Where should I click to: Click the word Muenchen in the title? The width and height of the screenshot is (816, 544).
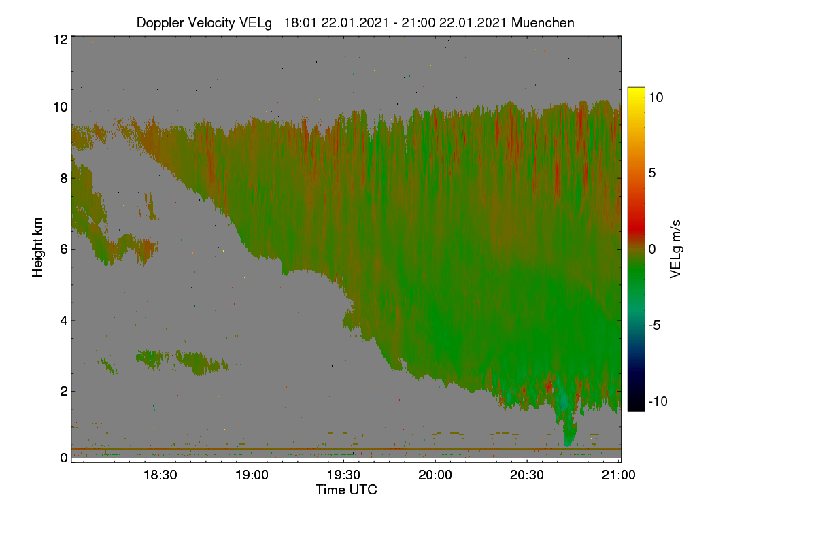pyautogui.click(x=543, y=23)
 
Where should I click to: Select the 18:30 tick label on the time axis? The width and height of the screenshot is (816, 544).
pyautogui.click(x=160, y=475)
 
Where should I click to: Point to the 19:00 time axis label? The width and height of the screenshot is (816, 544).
pyautogui.click(x=252, y=475)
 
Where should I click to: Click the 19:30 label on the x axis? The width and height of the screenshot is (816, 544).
pyautogui.click(x=343, y=475)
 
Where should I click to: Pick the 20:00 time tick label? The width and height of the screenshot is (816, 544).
pyautogui.click(x=435, y=475)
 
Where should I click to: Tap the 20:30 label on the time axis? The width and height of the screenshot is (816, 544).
pyautogui.click(x=527, y=475)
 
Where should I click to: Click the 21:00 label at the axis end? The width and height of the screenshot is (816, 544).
pyautogui.click(x=618, y=475)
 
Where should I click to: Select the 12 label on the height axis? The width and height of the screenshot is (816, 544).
pyautogui.click(x=61, y=39)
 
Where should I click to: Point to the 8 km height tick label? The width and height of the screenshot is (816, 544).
pyautogui.click(x=64, y=179)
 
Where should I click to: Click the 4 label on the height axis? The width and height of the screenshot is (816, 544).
pyautogui.click(x=64, y=321)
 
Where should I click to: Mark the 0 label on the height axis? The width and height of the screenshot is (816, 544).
pyautogui.click(x=64, y=458)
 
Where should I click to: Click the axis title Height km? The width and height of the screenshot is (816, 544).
pyautogui.click(x=37, y=248)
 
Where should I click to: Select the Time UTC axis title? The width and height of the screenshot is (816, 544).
pyautogui.click(x=346, y=490)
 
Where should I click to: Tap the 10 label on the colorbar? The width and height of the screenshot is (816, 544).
pyautogui.click(x=656, y=98)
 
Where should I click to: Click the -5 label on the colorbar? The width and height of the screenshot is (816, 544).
pyautogui.click(x=654, y=325)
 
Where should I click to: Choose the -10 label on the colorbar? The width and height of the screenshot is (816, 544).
pyautogui.click(x=658, y=401)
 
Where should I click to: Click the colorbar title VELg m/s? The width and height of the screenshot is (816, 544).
pyautogui.click(x=676, y=250)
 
